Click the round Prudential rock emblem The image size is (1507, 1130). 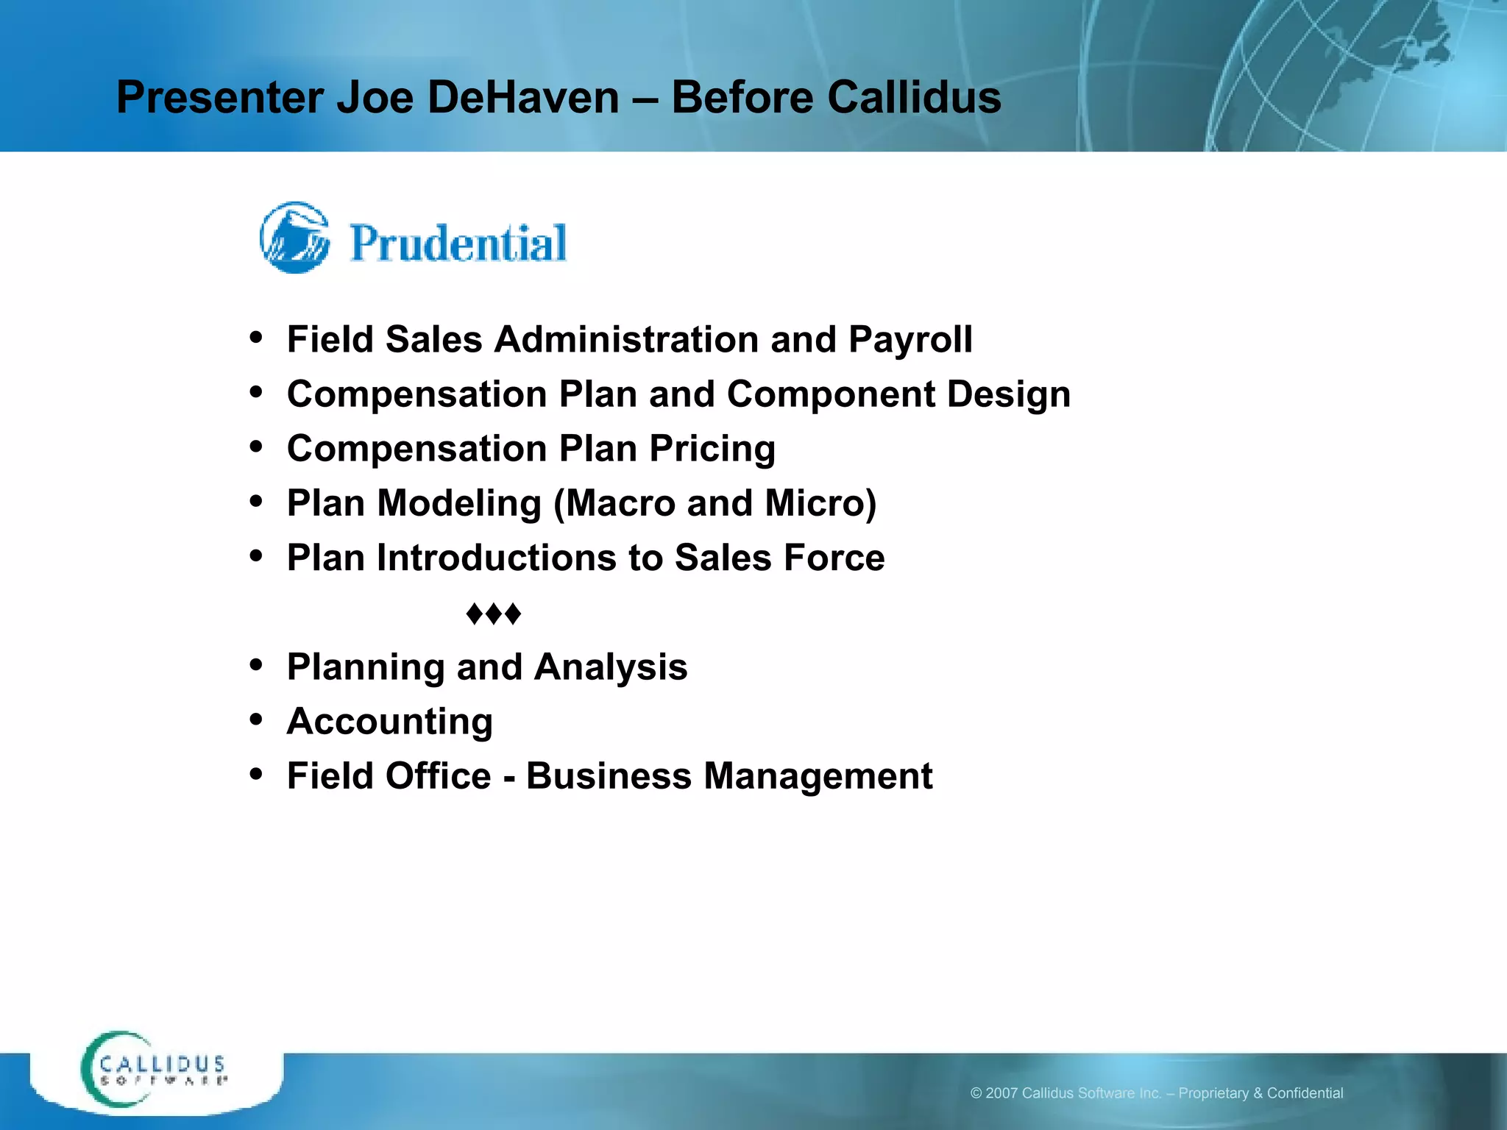(x=295, y=238)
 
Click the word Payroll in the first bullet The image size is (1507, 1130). (x=909, y=340)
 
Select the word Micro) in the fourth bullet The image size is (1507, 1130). (x=820, y=504)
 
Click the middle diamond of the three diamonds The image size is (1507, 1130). (x=494, y=614)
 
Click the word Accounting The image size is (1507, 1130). (x=389, y=721)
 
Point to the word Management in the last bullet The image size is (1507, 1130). (x=818, y=776)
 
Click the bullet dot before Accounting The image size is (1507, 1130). (x=256, y=719)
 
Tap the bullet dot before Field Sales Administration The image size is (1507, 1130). (x=256, y=338)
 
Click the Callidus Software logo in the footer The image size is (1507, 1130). (x=155, y=1070)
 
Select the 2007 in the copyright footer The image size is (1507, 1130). (x=1001, y=1093)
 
